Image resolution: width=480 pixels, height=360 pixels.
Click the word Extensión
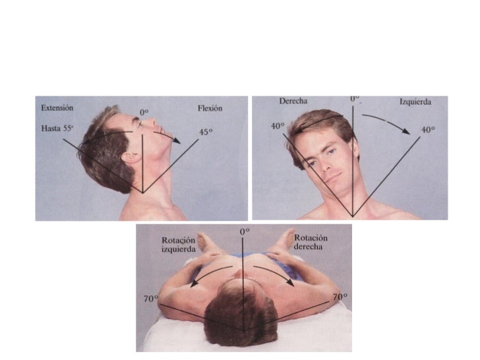[x=56, y=107]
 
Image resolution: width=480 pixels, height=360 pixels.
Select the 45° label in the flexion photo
[x=206, y=132]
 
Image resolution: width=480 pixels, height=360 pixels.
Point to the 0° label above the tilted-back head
[x=144, y=113]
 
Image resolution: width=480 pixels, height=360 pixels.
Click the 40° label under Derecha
[x=278, y=126]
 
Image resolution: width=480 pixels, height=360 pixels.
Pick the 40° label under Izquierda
[x=429, y=129]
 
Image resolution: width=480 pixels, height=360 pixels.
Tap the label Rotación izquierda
[x=179, y=245]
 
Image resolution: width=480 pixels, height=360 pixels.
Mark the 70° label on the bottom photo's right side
[x=340, y=298]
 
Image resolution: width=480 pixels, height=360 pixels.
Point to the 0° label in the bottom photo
[x=245, y=231]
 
